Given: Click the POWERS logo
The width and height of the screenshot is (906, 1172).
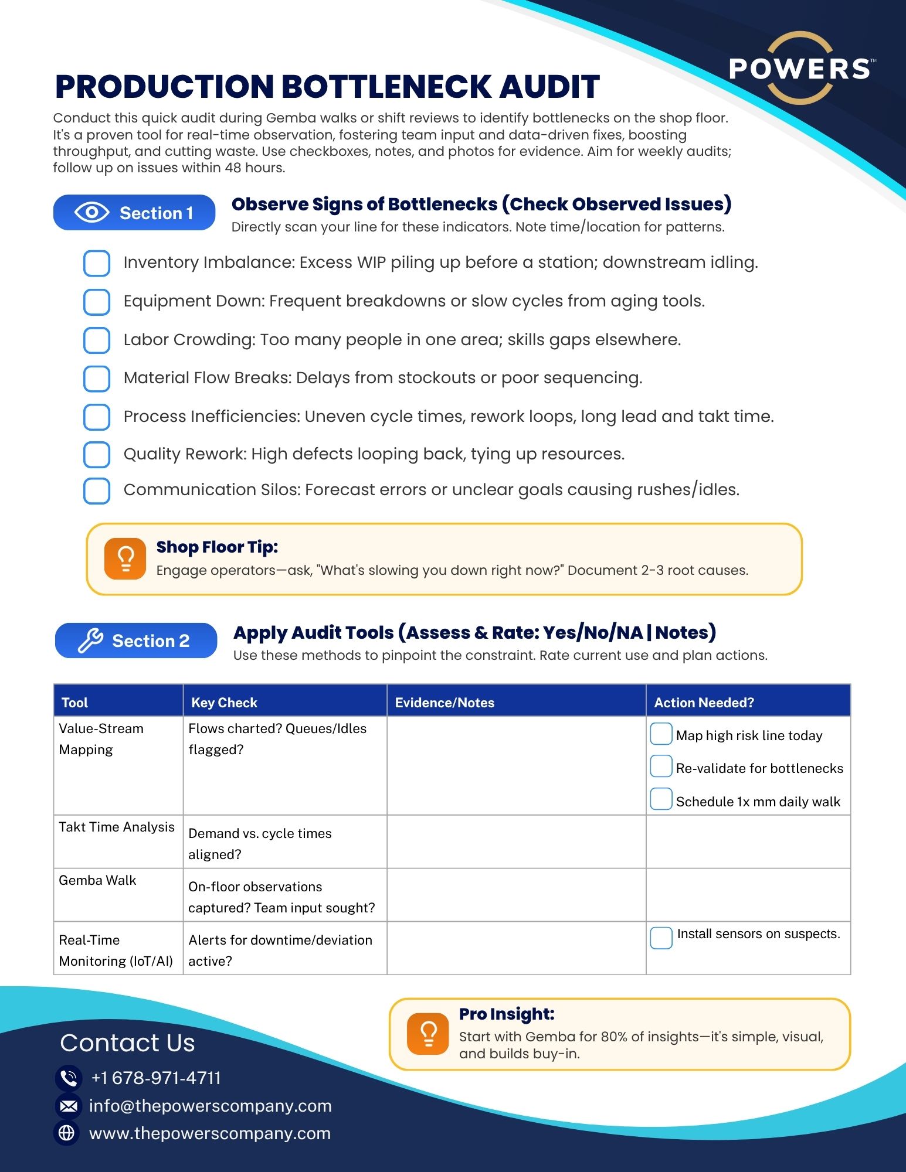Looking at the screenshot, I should coord(800,69).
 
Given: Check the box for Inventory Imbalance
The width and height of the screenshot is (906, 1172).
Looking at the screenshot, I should coord(97,263).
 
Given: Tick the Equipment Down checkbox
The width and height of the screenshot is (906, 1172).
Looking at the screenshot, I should coord(97,302).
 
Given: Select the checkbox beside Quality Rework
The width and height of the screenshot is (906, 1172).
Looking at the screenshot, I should coord(97,455).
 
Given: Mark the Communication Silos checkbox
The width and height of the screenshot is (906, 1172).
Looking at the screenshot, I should coord(97,490).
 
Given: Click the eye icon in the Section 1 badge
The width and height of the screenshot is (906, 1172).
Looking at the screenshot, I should coord(91,212).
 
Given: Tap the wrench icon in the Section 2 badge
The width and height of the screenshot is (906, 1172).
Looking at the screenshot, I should coord(91,640).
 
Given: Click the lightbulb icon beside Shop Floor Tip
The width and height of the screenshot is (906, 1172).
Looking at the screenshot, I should coord(125,558).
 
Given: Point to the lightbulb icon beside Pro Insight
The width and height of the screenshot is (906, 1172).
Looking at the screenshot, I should coord(427,1034).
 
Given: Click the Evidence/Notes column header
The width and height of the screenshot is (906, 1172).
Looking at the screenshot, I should coord(444,702).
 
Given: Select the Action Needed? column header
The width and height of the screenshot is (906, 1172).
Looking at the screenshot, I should coord(704,702).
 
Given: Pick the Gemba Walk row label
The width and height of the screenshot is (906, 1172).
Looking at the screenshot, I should coord(97,880).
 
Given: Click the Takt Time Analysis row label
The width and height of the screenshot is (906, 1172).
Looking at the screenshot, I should coord(117,827).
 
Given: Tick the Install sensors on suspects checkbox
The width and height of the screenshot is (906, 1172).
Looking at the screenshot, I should coord(661,938).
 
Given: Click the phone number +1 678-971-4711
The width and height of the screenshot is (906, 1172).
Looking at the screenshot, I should coord(156,1078).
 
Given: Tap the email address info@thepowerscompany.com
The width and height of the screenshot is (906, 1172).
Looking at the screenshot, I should coord(210,1105).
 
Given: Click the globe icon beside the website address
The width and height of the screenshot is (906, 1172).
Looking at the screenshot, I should coord(67,1133).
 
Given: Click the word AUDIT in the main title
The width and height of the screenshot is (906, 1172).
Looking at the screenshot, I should coord(549,87).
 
